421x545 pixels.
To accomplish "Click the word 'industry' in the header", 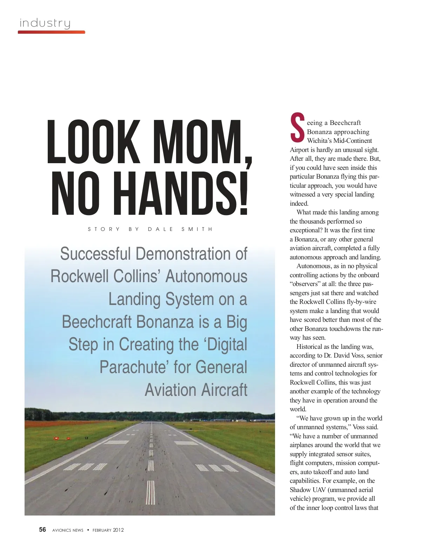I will click(x=45, y=23).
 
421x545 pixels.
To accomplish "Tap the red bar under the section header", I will click(x=51, y=32).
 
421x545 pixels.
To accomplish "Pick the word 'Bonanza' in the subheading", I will click(x=165, y=322).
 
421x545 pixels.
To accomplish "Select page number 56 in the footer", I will click(x=42, y=530).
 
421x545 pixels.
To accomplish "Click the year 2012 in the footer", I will click(x=118, y=530).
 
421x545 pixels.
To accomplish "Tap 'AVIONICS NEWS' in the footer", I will click(x=68, y=530).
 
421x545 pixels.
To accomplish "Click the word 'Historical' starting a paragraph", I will click(x=309, y=347).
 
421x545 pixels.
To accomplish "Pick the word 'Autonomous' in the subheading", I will click(x=206, y=276).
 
